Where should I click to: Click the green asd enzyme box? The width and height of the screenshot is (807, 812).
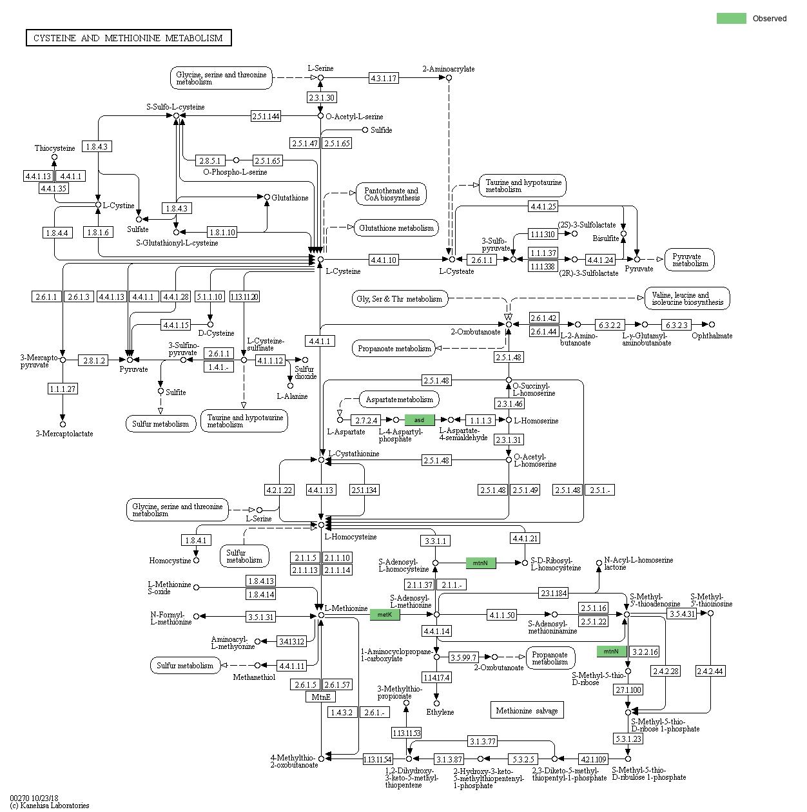(x=419, y=420)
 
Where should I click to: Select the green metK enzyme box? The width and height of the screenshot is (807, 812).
(x=385, y=615)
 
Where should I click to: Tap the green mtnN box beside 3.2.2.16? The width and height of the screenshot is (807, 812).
(x=611, y=652)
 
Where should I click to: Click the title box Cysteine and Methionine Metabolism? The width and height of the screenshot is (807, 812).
(x=128, y=38)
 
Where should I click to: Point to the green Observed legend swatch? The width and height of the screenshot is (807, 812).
(x=731, y=19)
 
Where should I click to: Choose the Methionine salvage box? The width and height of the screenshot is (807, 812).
(x=527, y=710)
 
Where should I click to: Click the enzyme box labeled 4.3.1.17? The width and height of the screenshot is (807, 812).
(x=384, y=78)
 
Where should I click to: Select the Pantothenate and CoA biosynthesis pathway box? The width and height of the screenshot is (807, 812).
(x=391, y=194)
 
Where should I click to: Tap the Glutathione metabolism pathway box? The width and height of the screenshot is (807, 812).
(x=396, y=227)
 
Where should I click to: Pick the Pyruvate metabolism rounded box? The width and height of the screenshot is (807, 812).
(x=690, y=260)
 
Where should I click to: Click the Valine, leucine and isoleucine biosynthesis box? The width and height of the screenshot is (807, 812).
(x=687, y=298)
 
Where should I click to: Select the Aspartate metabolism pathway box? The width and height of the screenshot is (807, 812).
(x=399, y=400)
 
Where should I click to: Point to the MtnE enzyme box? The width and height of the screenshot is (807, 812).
(x=320, y=697)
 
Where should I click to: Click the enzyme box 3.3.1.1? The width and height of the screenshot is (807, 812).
(x=436, y=541)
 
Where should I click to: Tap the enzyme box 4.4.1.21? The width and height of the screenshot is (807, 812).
(x=525, y=538)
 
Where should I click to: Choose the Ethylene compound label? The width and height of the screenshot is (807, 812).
(x=440, y=712)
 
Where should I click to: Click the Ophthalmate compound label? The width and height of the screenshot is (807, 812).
(x=712, y=336)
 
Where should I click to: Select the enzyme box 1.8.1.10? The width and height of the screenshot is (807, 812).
(x=222, y=232)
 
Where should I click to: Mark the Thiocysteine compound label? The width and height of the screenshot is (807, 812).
(x=55, y=148)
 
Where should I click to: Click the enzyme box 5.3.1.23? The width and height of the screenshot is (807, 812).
(x=628, y=739)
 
